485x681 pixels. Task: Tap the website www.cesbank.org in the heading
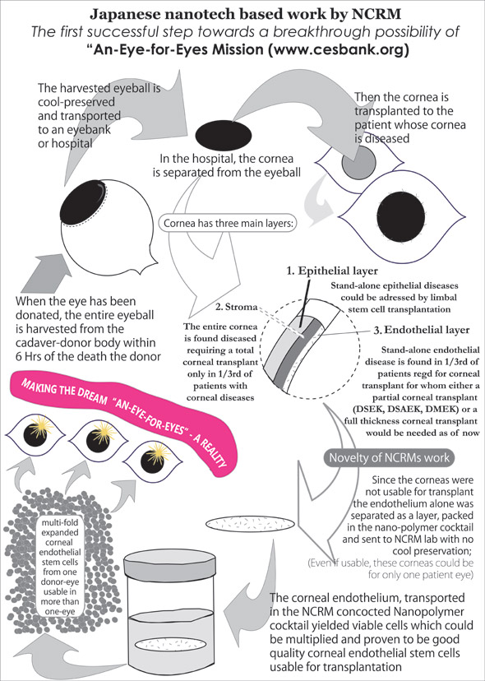pyautogui.click(x=337, y=49)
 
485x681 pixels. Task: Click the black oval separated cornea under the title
pyautogui.click(x=223, y=135)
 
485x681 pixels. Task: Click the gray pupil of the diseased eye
pyautogui.click(x=358, y=162)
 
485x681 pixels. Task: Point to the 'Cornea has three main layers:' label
pyautogui.click(x=229, y=224)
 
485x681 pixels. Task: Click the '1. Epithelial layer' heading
pyautogui.click(x=332, y=271)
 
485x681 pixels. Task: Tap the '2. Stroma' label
pyautogui.click(x=237, y=307)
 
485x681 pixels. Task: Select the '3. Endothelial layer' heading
pyautogui.click(x=422, y=330)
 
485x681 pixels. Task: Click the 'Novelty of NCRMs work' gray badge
pyautogui.click(x=390, y=458)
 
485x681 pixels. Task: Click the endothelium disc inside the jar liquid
pyautogui.click(x=169, y=645)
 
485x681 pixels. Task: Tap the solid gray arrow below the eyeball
pyautogui.click(x=48, y=273)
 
